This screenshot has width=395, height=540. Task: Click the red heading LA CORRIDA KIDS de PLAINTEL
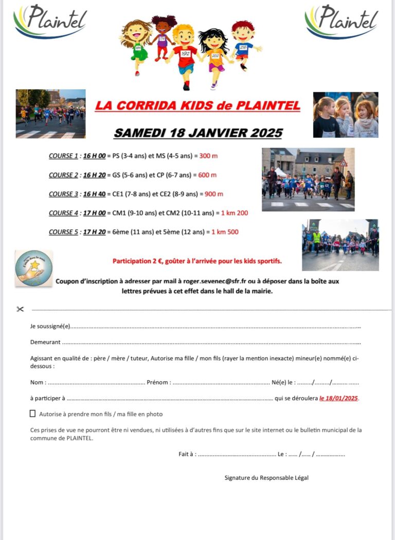point(197,106)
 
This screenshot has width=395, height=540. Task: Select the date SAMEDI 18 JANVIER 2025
point(197,132)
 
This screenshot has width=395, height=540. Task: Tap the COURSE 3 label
point(63,194)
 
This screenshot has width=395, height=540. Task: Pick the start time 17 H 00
point(95,213)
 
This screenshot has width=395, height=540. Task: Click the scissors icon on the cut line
point(20,309)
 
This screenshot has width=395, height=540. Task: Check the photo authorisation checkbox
point(33,413)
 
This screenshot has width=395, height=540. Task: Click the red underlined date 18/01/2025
point(338,398)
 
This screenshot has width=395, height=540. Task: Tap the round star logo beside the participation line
point(33,268)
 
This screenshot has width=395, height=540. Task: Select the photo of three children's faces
point(345,114)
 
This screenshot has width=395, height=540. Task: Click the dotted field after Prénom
point(221,382)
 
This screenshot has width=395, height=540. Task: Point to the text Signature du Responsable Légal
point(266,478)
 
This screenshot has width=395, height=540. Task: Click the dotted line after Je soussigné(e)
point(216,327)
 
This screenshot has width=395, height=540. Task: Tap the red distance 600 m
point(207,175)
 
